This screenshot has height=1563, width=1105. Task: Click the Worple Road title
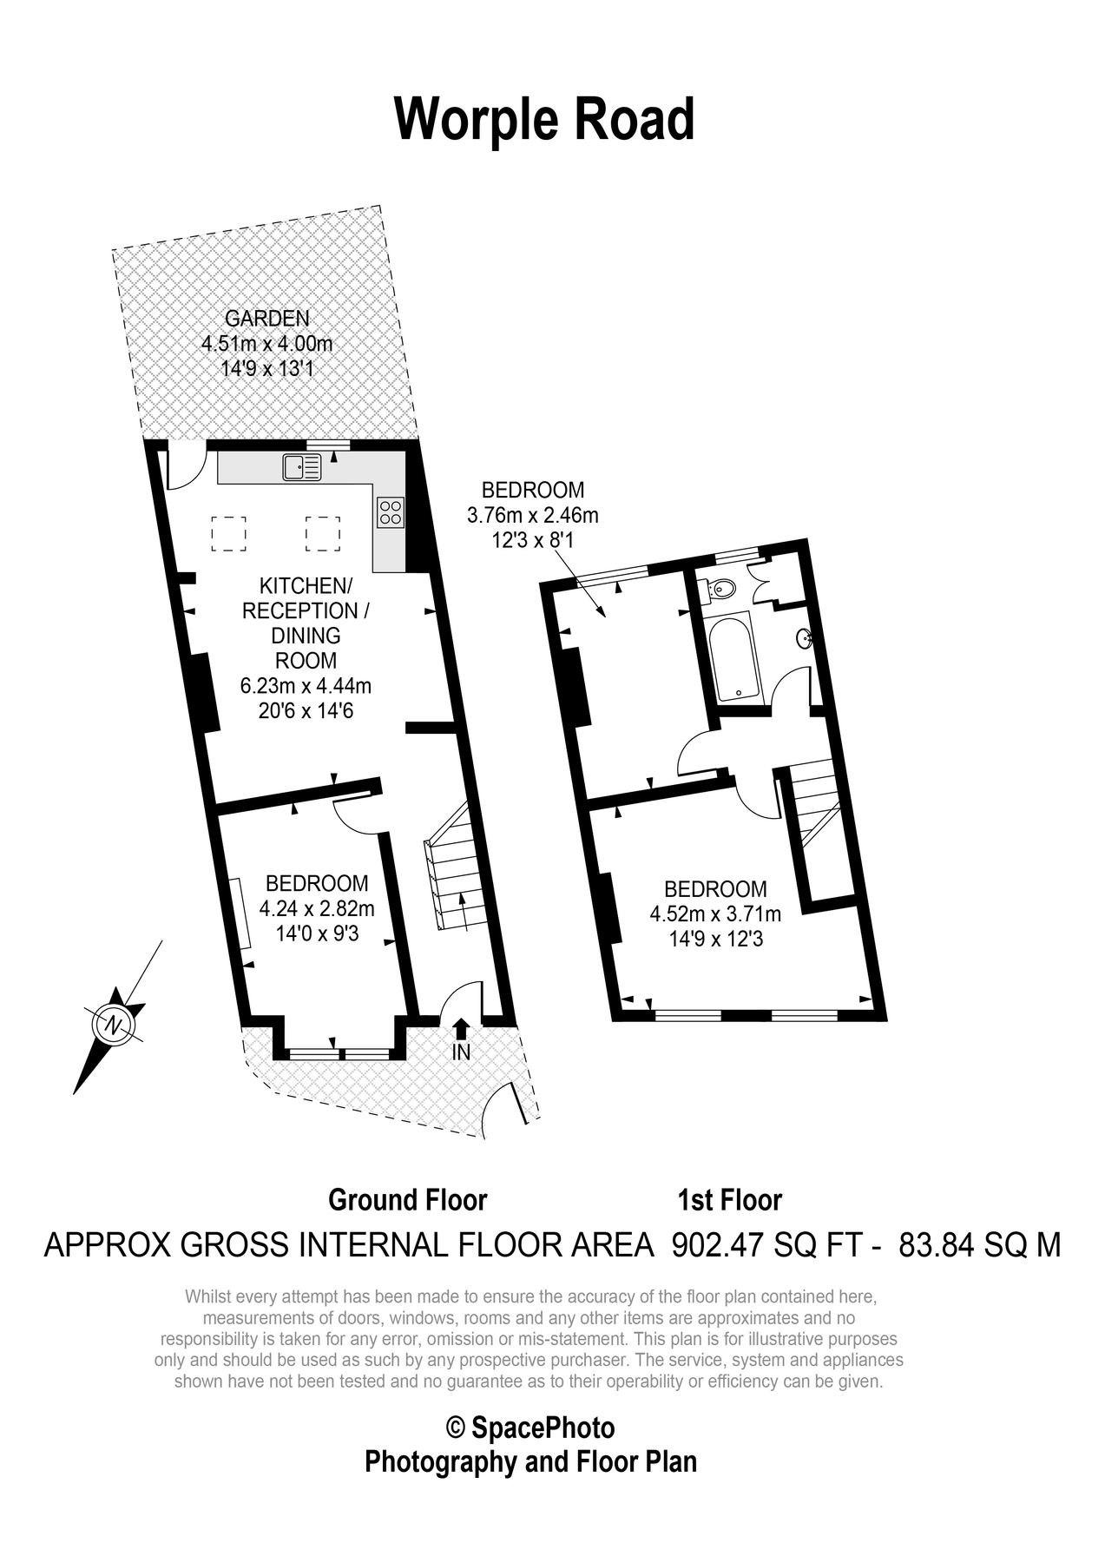[545, 120]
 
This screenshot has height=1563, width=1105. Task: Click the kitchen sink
[301, 467]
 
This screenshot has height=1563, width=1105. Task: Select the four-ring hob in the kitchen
[391, 511]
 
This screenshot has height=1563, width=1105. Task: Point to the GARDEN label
[267, 319]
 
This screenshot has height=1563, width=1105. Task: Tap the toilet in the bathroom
[721, 590]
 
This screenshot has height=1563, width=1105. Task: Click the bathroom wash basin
[805, 638]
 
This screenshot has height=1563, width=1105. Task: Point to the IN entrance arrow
[461, 1028]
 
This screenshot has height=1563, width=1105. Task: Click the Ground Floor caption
[408, 1200]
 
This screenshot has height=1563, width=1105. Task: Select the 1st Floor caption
[729, 1200]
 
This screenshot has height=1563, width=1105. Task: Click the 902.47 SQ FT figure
[767, 1245]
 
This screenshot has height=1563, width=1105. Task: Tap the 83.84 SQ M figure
[980, 1245]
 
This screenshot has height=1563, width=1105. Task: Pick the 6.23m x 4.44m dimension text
[306, 686]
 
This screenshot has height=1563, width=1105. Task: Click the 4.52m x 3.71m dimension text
[715, 913]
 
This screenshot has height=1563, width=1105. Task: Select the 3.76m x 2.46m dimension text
[533, 515]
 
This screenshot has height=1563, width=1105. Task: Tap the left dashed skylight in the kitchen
[229, 534]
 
